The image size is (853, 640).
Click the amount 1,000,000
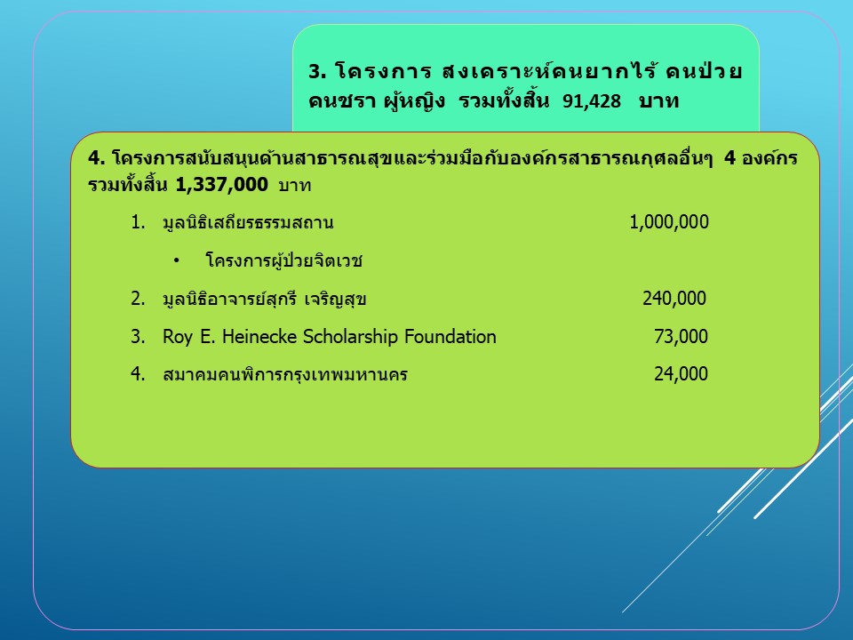click(669, 222)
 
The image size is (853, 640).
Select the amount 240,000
click(674, 299)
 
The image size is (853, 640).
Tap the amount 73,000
click(682, 337)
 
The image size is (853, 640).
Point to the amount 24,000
click(682, 374)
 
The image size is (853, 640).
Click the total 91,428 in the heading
click(592, 101)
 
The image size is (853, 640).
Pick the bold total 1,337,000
click(222, 185)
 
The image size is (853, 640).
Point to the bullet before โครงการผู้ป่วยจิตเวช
click(176, 261)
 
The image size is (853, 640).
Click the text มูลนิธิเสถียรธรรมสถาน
click(248, 222)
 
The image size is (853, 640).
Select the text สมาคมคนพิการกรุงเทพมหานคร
click(285, 374)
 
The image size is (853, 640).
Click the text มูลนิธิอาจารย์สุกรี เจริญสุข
click(265, 299)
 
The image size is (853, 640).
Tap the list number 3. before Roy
click(138, 337)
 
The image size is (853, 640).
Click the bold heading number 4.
click(96, 158)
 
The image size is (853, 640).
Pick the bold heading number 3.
click(316, 72)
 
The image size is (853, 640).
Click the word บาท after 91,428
click(659, 101)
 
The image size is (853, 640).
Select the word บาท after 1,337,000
click(295, 186)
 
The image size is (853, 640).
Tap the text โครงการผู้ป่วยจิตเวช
click(284, 260)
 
